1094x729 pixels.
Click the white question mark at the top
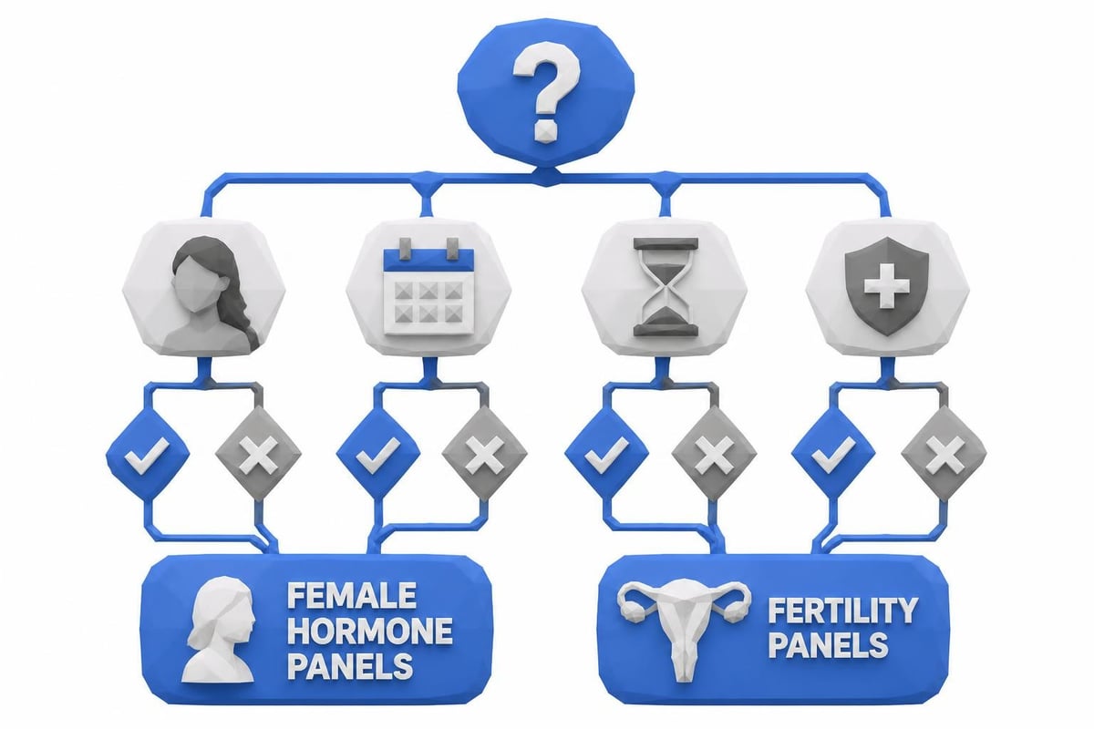[546, 90]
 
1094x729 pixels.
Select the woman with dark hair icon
[213, 294]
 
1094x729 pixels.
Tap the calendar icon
[428, 287]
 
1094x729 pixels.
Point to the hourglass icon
[665, 287]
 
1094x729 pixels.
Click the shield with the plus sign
[886, 285]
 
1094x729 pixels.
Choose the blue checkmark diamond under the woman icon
[148, 454]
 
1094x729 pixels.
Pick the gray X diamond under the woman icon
[258, 454]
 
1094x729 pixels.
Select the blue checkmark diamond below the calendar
[378, 454]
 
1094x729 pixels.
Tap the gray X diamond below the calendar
[484, 454]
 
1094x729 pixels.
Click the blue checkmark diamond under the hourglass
[606, 454]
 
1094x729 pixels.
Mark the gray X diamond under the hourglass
[714, 454]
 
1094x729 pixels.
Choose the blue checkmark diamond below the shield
[833, 454]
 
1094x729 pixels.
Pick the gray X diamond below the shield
[944, 454]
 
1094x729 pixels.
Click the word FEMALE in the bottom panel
[352, 595]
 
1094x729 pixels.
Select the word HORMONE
[370, 631]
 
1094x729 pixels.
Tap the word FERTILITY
[843, 610]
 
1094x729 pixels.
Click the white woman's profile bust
[220, 629]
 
